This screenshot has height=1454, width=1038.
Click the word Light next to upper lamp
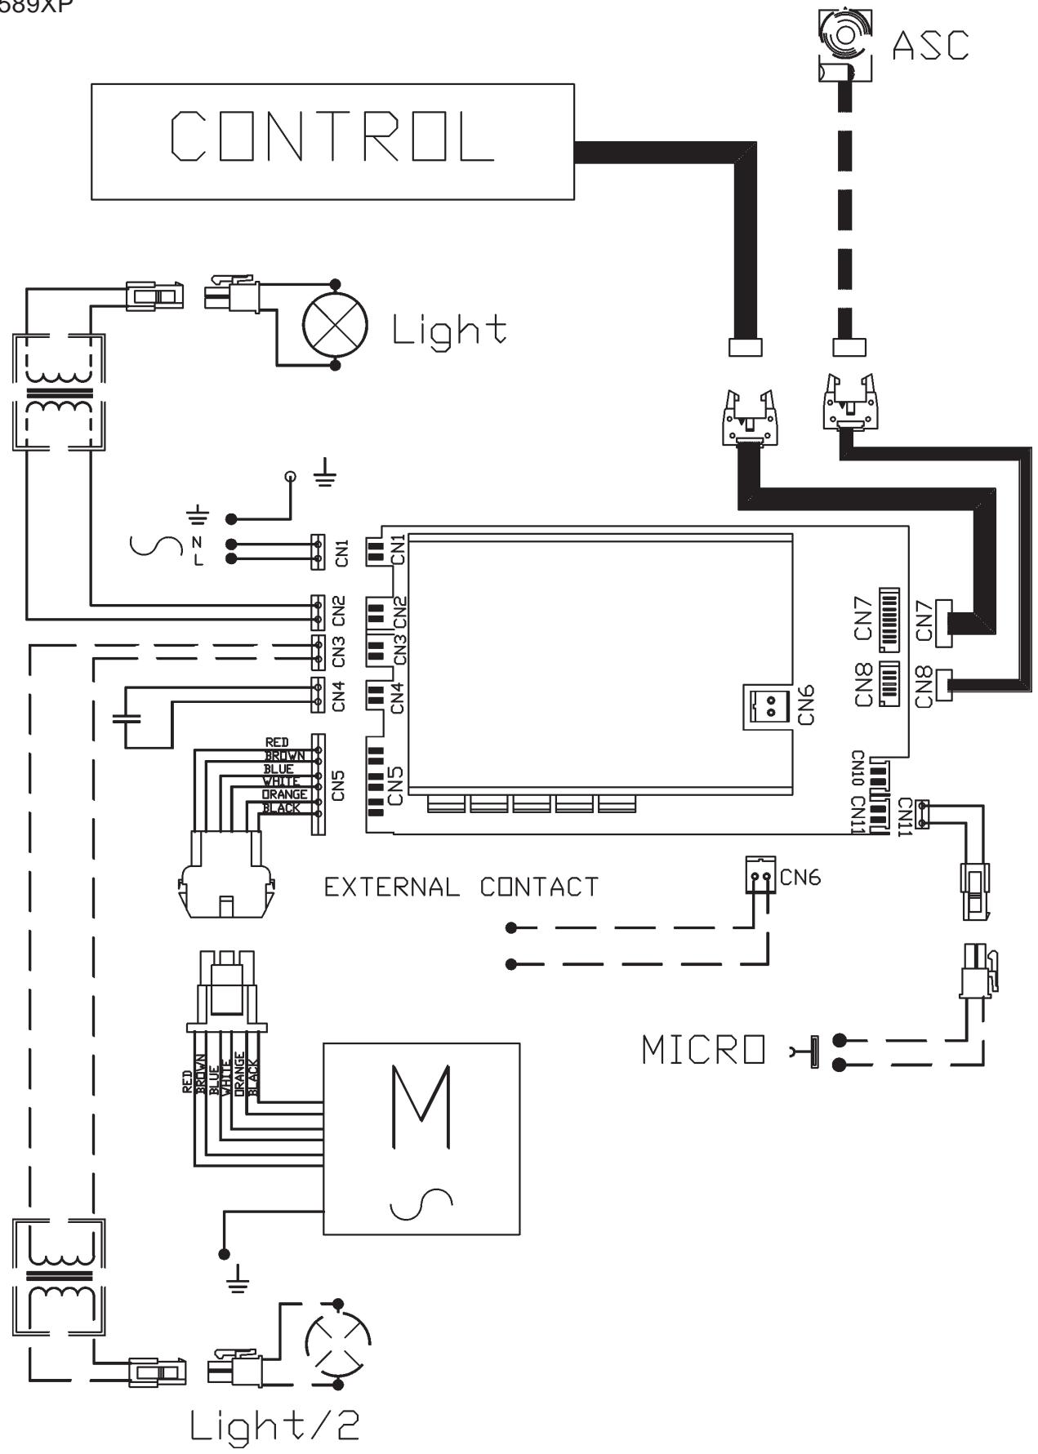[448, 330]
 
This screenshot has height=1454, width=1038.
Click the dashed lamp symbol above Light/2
[337, 1343]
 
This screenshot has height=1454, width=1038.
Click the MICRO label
[704, 1051]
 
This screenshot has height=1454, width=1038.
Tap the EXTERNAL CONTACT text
[461, 887]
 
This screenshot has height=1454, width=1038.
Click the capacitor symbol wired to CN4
[126, 719]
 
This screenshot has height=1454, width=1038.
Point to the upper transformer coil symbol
[58, 393]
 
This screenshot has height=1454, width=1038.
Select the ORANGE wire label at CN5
[284, 794]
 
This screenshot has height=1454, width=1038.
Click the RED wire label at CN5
[277, 743]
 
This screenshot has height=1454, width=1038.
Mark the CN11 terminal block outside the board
[923, 813]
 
